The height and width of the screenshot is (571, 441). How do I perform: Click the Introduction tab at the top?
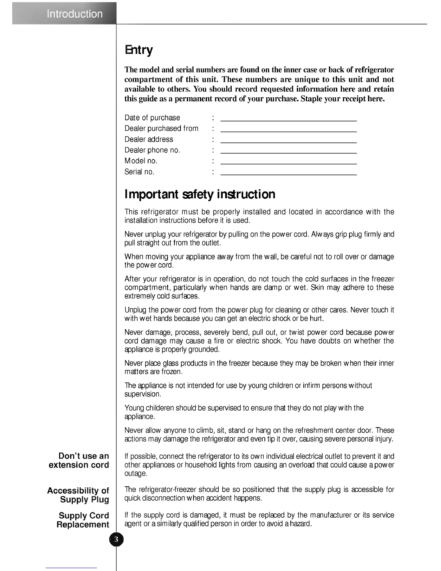[x=75, y=14]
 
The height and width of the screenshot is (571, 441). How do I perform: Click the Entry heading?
[x=139, y=50]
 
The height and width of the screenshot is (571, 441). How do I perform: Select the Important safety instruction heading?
[x=200, y=194]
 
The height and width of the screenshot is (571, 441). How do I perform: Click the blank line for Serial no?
[x=288, y=173]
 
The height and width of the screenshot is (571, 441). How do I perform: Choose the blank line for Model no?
[x=288, y=163]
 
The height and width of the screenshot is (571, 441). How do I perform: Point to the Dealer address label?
[x=149, y=140]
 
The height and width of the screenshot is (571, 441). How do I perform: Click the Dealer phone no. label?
[x=152, y=150]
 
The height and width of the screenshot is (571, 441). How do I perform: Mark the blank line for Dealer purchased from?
[x=288, y=130]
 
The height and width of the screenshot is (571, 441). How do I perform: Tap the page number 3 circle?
[x=116, y=540]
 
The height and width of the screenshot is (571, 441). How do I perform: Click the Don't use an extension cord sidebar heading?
[x=79, y=460]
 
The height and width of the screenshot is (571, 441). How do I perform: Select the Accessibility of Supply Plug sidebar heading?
[x=78, y=495]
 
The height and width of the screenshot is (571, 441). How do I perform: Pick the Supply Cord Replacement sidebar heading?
[x=83, y=520]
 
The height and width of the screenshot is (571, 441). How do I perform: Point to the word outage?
[x=135, y=474]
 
